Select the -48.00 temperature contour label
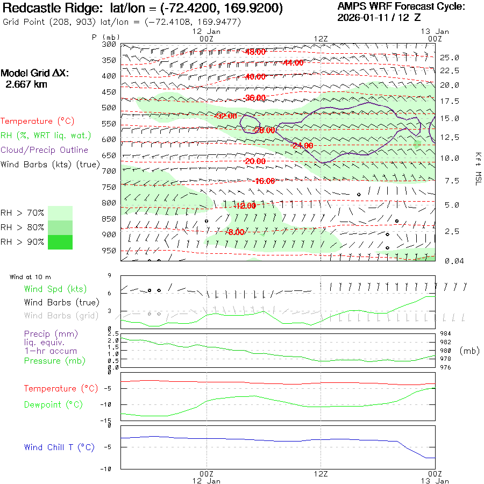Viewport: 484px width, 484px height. (255, 52)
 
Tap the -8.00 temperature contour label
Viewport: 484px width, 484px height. (236, 232)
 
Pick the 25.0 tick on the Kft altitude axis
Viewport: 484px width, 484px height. (450, 58)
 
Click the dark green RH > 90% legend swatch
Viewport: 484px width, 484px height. (60, 242)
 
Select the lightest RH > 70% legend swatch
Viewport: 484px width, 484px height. (60, 213)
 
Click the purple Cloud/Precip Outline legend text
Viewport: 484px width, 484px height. (45, 150)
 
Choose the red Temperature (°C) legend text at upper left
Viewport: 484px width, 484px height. (38, 121)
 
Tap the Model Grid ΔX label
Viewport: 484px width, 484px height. (35, 74)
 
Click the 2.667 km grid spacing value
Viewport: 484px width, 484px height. (27, 84)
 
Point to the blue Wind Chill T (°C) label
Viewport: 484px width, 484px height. (59, 447)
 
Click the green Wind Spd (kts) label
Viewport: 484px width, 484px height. (55, 289)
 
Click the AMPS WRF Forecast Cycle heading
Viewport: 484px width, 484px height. (401, 6)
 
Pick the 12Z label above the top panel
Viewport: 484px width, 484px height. (321, 39)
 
